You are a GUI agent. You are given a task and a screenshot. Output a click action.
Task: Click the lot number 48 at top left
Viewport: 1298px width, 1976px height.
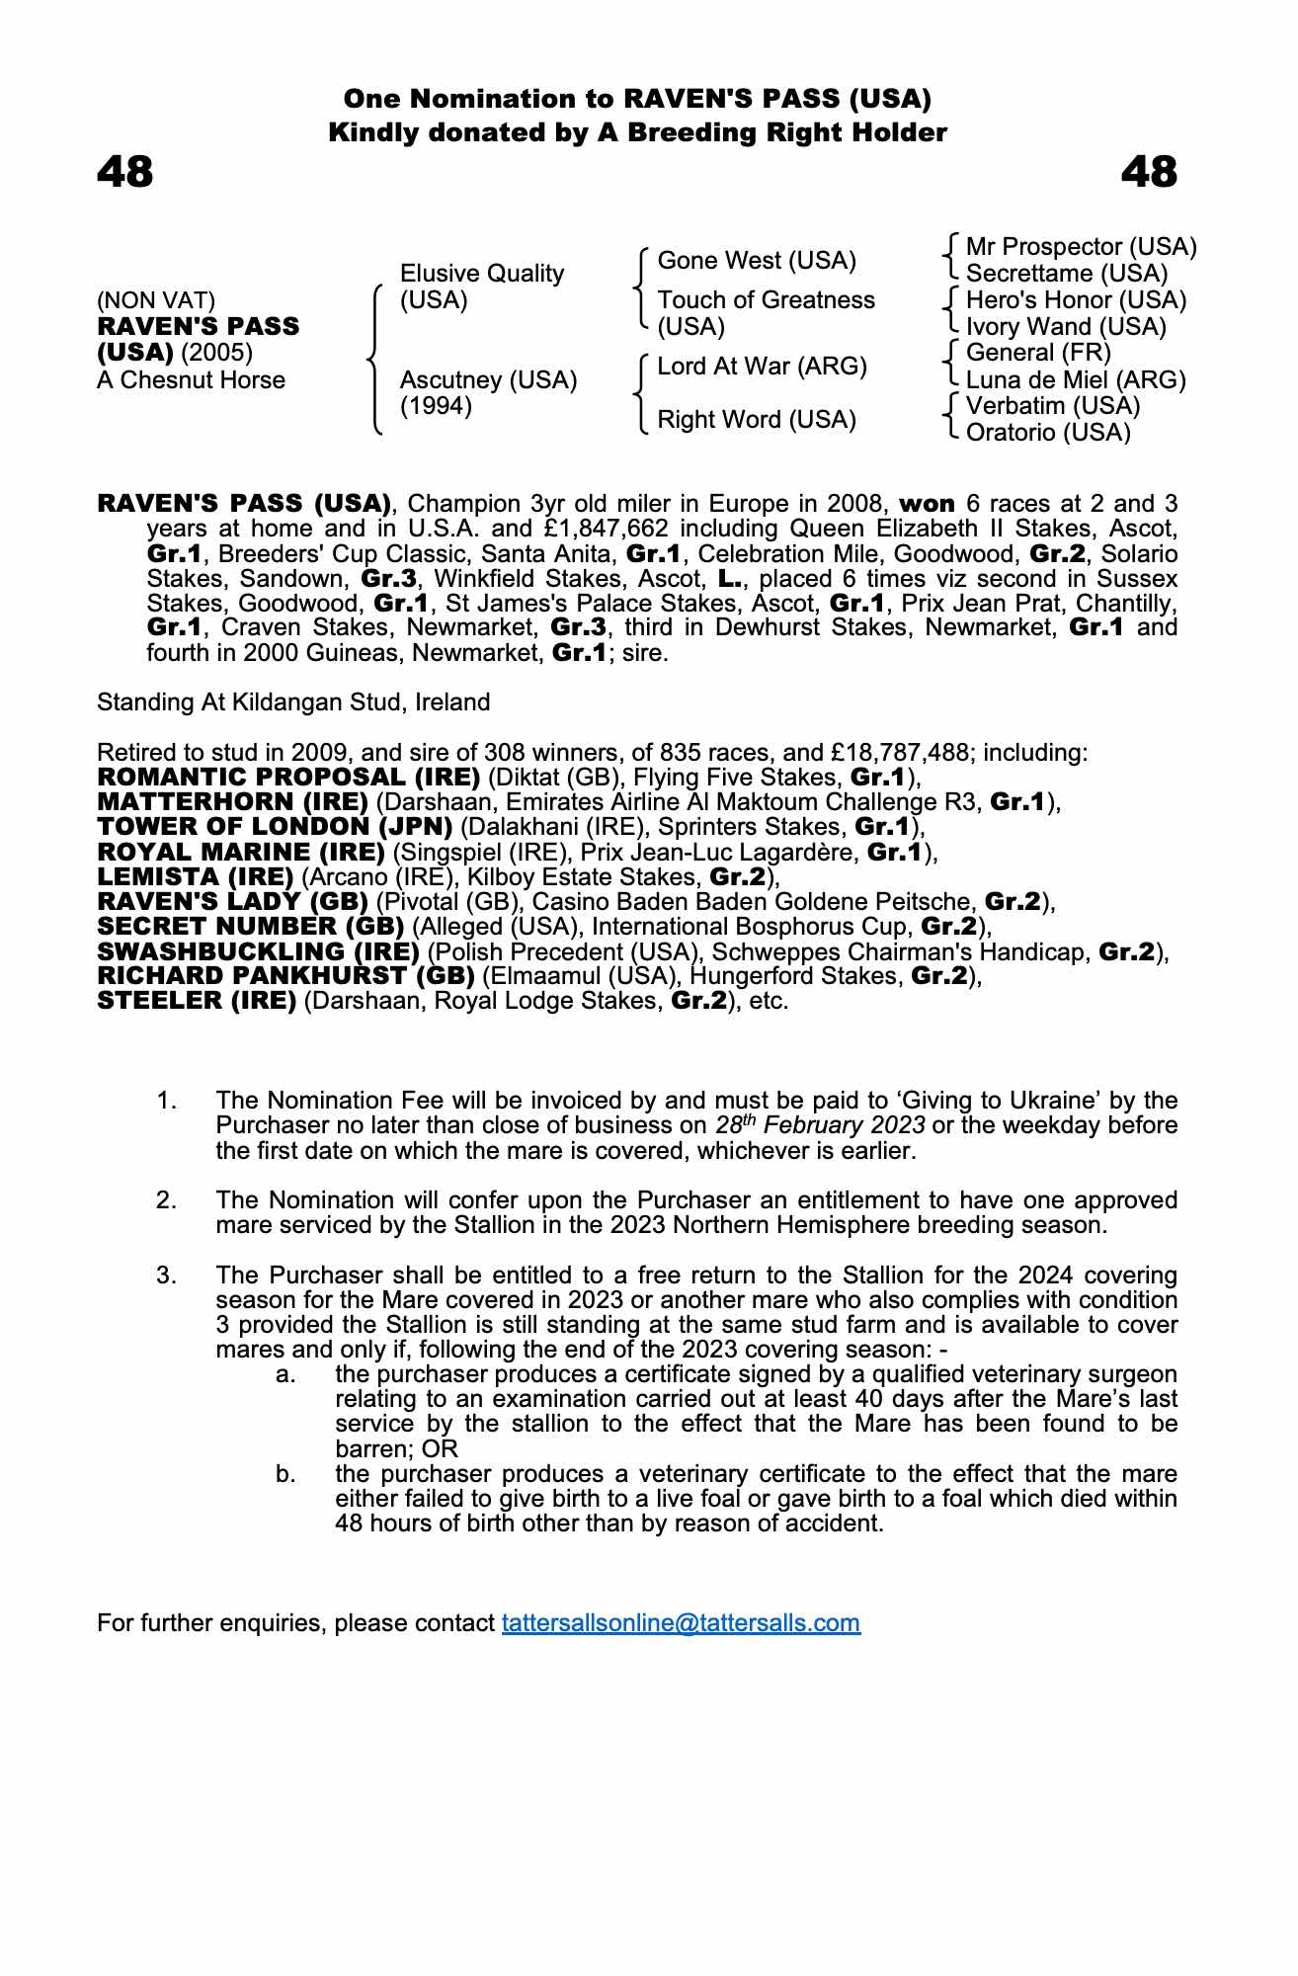click(125, 172)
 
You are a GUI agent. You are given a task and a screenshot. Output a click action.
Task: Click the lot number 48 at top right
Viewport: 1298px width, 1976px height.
click(1149, 172)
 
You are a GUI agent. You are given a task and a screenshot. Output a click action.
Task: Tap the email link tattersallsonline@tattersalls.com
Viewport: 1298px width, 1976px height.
click(681, 1623)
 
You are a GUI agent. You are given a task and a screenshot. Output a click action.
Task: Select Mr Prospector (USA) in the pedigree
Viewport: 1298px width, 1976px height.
click(1081, 247)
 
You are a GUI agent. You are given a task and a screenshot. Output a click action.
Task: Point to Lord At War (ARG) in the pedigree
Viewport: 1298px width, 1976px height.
click(762, 367)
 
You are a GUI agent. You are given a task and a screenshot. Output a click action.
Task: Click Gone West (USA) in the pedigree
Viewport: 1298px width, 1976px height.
click(757, 261)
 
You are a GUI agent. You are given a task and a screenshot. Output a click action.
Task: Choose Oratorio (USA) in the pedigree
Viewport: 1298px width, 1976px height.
click(1048, 433)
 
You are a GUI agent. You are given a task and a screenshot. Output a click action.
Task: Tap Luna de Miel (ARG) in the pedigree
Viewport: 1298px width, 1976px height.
click(1076, 380)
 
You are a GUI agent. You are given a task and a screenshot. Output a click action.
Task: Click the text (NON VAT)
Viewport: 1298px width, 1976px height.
click(156, 300)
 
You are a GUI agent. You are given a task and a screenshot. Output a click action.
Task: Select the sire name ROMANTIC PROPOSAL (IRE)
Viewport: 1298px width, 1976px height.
click(288, 778)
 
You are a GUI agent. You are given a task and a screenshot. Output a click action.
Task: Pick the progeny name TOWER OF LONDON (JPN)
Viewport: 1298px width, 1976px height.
click(275, 827)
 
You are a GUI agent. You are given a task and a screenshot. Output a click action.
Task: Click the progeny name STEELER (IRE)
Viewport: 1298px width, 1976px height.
click(197, 1001)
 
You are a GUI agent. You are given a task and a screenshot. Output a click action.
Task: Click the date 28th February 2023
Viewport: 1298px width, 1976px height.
click(820, 1125)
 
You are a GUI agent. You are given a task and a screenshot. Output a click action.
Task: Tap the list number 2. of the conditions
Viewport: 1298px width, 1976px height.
click(167, 1200)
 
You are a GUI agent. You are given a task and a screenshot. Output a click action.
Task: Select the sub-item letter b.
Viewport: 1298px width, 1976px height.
click(285, 1474)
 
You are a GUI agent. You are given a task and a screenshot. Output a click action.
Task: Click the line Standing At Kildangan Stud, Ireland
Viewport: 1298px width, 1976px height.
click(293, 702)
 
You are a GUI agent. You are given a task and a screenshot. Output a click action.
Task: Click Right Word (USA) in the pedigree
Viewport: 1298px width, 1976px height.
click(757, 420)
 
